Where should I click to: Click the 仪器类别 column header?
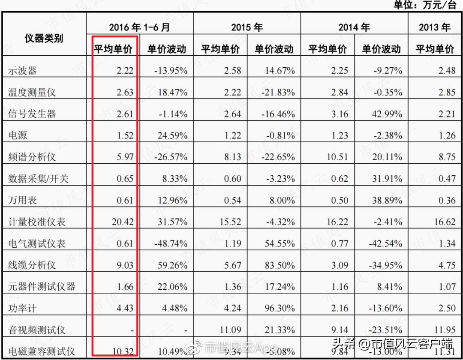[x=44, y=38]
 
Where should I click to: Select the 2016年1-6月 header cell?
[x=139, y=27]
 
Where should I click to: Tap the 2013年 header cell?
[x=434, y=27]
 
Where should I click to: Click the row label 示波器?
[x=23, y=71]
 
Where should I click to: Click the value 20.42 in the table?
[x=122, y=222]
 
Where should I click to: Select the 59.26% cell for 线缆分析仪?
[x=171, y=265]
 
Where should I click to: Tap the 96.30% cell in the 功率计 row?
[x=279, y=308]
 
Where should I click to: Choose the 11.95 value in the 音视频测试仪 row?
[x=444, y=330]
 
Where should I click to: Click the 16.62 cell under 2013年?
[x=444, y=222]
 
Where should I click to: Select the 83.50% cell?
[x=279, y=265]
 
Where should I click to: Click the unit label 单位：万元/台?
[x=424, y=5]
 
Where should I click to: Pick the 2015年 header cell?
[x=247, y=27]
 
